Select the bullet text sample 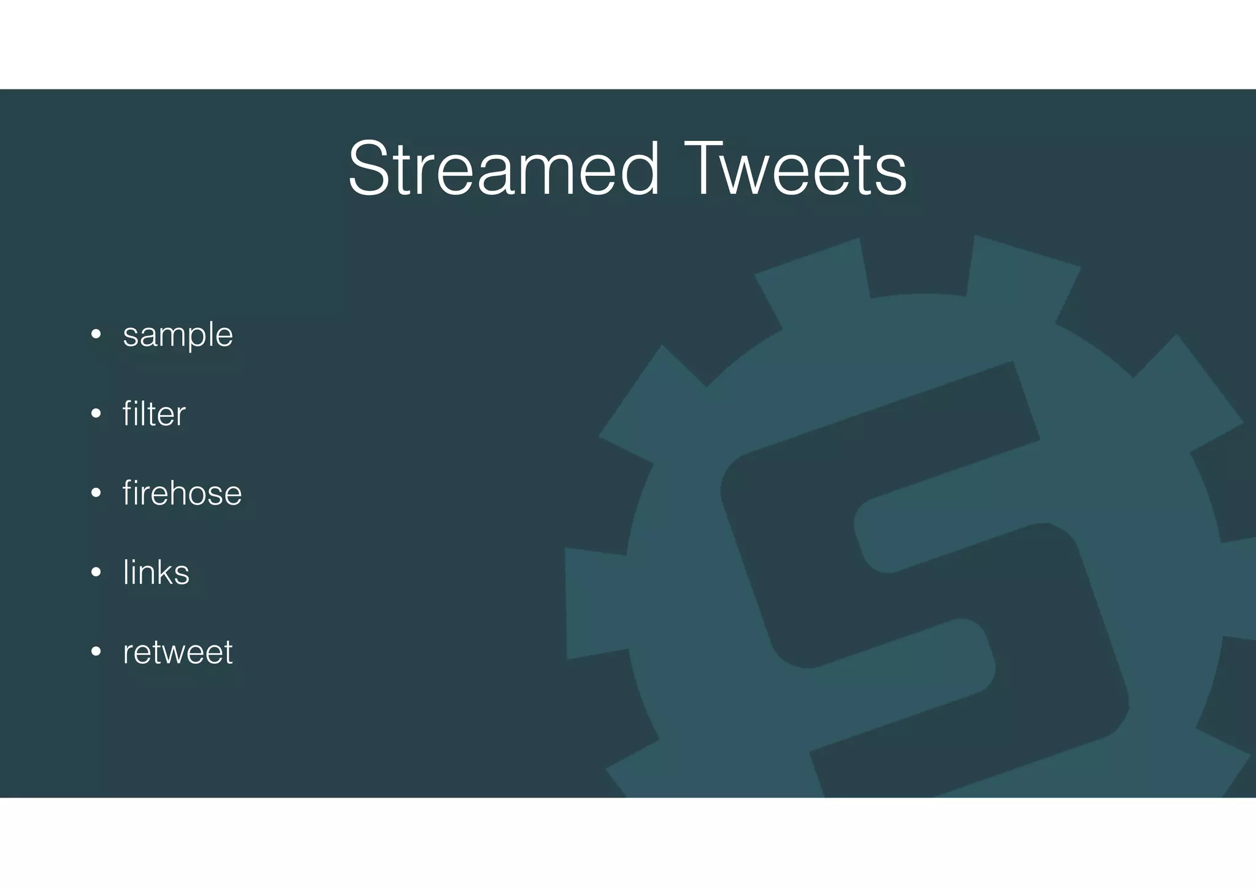(x=178, y=335)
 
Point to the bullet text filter (x=154, y=414)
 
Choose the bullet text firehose (x=182, y=493)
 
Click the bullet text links (x=156, y=572)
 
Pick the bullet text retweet (x=178, y=652)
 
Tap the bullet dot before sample (x=96, y=335)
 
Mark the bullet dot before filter (x=96, y=414)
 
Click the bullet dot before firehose (x=96, y=493)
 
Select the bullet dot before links (x=96, y=573)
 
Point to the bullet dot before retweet (x=96, y=652)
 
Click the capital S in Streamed (x=370, y=169)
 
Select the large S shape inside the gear (x=920, y=582)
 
